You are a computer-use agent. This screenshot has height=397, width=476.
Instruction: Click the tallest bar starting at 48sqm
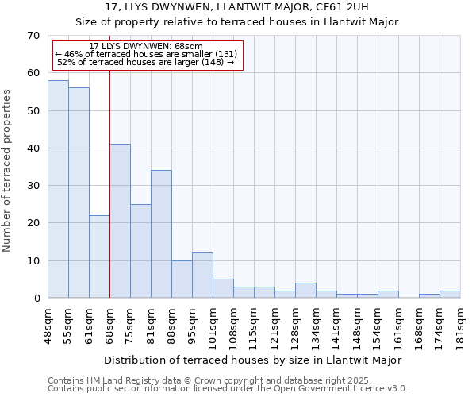(58, 189)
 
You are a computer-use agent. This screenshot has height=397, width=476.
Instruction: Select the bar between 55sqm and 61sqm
(79, 193)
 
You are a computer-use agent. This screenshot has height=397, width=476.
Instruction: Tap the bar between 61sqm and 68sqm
(99, 256)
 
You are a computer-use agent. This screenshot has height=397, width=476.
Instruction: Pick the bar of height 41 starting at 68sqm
(120, 221)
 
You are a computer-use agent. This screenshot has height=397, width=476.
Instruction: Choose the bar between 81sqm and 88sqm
(161, 234)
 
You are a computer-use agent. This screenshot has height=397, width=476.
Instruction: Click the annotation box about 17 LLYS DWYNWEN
(148, 55)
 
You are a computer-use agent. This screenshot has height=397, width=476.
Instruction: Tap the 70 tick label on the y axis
(33, 36)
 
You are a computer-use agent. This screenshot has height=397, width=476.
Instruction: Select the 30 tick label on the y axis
(33, 186)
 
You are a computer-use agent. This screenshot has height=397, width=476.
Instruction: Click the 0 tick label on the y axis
(36, 299)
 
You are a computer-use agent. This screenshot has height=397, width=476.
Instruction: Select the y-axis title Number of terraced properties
(8, 171)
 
